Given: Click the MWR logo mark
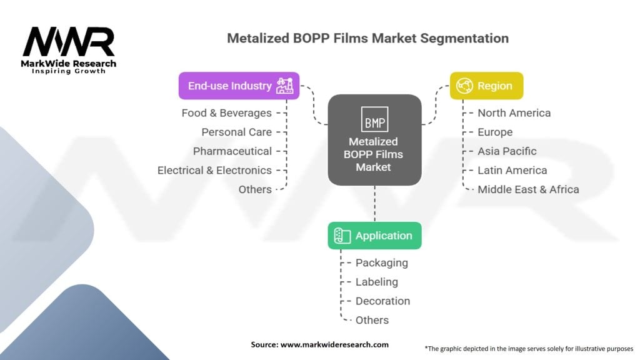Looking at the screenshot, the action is pyautogui.click(x=69, y=42).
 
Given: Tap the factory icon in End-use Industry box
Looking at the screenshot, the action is pyautogui.click(x=284, y=86).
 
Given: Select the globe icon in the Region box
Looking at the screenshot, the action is pyautogui.click(x=464, y=86).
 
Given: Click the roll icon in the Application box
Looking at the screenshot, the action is pyautogui.click(x=342, y=236).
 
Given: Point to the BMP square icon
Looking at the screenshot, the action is pyautogui.click(x=375, y=119).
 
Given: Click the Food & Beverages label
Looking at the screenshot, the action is pyautogui.click(x=226, y=113).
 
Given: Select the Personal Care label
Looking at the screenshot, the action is pyautogui.click(x=237, y=132).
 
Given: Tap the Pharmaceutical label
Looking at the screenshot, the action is pyautogui.click(x=232, y=151).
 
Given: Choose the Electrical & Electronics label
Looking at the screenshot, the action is pyautogui.click(x=215, y=171).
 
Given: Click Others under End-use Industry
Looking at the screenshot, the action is pyautogui.click(x=255, y=190).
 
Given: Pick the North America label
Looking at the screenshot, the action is pyautogui.click(x=514, y=113).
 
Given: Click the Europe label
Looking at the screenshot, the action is pyautogui.click(x=495, y=132).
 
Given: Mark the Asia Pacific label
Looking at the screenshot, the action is pyautogui.click(x=507, y=151).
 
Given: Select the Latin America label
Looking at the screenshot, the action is pyautogui.click(x=512, y=171).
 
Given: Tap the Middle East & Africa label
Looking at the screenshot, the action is pyautogui.click(x=528, y=190).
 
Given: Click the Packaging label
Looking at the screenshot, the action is pyautogui.click(x=382, y=263).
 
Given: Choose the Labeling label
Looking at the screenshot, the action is pyautogui.click(x=377, y=282).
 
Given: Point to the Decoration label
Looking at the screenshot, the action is pyautogui.click(x=383, y=301).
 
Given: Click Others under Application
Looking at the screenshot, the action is pyautogui.click(x=372, y=321).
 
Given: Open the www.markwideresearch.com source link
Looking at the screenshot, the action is pyautogui.click(x=335, y=344).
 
